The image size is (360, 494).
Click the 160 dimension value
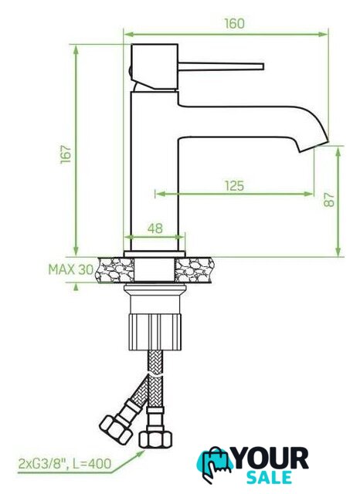(x=234, y=24)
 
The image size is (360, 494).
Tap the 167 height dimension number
(x=66, y=154)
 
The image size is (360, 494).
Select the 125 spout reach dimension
(x=235, y=186)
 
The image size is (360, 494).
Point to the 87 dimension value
(x=329, y=199)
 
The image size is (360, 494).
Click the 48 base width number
(x=155, y=228)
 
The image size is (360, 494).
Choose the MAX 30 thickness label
(x=71, y=269)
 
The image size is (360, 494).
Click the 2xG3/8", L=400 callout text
(x=65, y=463)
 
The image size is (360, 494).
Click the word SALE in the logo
(x=269, y=477)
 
